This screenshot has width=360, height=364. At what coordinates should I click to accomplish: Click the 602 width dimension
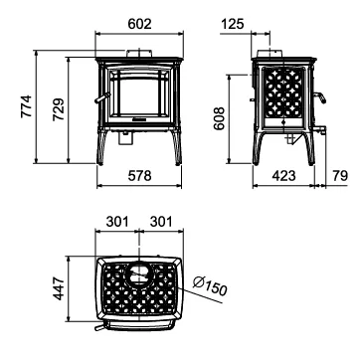139,24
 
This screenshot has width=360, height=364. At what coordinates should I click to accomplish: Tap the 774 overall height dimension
26,106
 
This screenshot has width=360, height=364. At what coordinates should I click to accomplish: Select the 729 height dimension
59,109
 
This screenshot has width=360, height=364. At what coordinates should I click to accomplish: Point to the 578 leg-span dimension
139,176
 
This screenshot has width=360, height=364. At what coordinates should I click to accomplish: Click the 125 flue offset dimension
232,24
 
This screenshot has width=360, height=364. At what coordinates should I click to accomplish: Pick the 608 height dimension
219,118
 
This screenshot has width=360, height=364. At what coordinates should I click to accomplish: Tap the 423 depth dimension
283,176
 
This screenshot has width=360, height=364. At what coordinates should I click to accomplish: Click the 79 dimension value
340,176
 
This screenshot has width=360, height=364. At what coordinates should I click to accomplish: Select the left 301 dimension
117,222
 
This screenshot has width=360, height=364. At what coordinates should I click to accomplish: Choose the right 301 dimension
161,222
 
